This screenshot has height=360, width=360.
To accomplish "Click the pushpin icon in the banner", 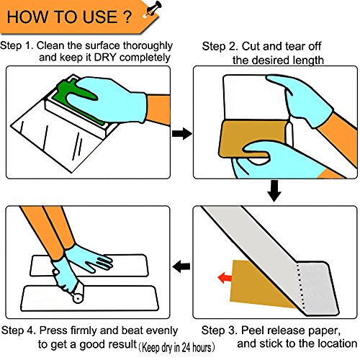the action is click(x=152, y=9).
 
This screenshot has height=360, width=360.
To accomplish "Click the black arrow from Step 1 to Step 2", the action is click(x=182, y=133).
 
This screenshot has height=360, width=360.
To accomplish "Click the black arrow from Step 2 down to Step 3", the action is click(x=274, y=191).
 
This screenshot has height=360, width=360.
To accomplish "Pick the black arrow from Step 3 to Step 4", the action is click(x=181, y=266).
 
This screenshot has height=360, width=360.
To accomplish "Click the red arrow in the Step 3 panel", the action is click(x=225, y=278).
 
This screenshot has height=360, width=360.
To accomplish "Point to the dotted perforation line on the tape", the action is click(x=301, y=287).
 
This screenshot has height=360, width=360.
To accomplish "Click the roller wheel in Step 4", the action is click(x=78, y=297).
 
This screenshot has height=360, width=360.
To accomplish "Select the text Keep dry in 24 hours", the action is click(x=176, y=348).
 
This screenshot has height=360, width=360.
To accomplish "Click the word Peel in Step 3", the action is click(x=252, y=330).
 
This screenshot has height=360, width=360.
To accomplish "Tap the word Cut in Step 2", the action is click(x=250, y=47).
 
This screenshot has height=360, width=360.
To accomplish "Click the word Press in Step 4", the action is click(x=53, y=330).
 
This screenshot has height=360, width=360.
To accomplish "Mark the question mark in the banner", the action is click(x=127, y=17).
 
